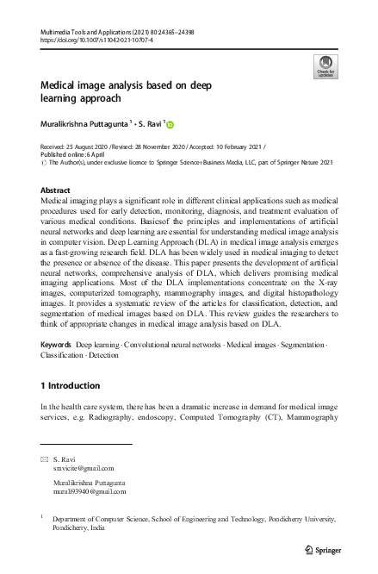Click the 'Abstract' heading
pos(55,190)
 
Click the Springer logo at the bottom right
pos(321,548)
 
